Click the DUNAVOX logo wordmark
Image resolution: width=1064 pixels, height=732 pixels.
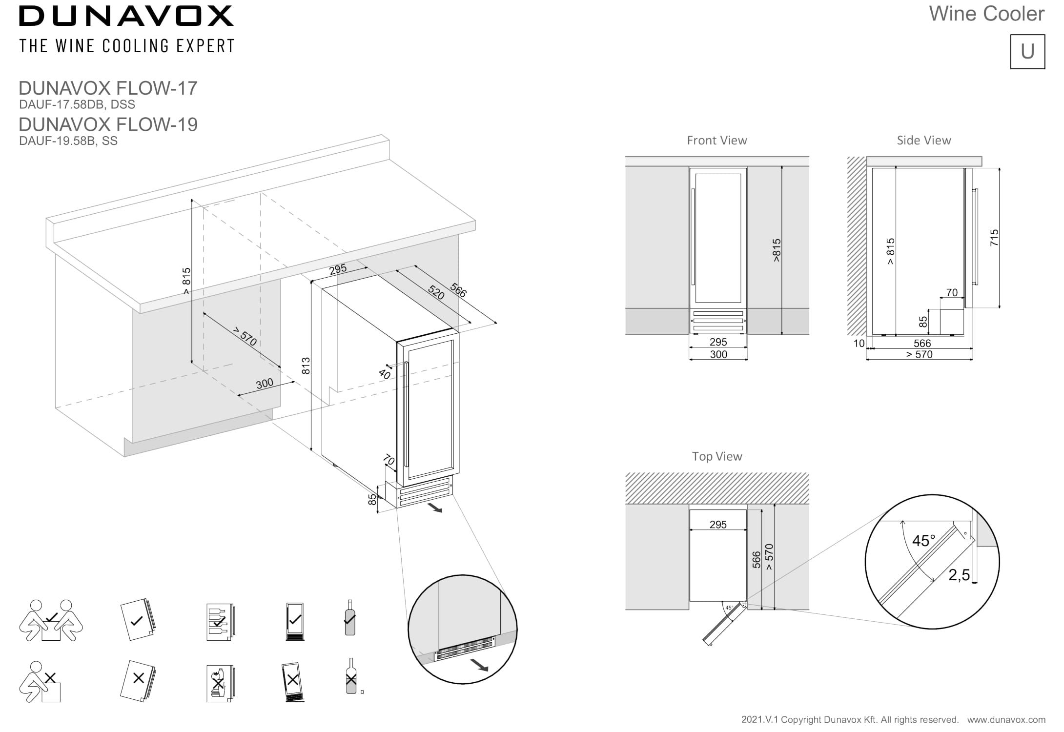coord(126,16)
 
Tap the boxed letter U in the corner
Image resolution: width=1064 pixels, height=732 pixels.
coord(1027,52)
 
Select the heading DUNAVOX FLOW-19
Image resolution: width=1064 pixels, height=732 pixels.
coord(108,124)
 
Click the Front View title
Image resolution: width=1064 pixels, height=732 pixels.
coord(716,141)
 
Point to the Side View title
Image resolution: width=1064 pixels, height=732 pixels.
coord(923,141)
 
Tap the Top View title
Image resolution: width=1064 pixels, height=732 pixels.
coord(716,456)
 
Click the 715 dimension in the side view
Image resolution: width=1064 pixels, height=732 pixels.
coord(994,238)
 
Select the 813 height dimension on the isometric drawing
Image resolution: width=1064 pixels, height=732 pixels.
coord(306,366)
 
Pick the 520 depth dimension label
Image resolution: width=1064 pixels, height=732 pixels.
coord(436,292)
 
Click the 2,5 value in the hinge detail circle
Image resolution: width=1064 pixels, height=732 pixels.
coord(959,575)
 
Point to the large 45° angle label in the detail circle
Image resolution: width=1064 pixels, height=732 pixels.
coord(923,541)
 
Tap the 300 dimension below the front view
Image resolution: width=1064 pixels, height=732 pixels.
coord(718,355)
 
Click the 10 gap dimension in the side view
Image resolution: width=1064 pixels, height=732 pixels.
coord(859,344)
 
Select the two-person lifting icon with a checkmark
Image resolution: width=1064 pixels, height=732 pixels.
coord(51,620)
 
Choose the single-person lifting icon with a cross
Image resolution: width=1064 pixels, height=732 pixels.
coord(40,682)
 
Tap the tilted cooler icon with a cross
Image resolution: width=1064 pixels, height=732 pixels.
coord(292,681)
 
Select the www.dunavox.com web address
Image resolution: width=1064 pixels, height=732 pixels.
coord(1006,720)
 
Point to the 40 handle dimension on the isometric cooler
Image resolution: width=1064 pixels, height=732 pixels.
coord(385,374)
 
